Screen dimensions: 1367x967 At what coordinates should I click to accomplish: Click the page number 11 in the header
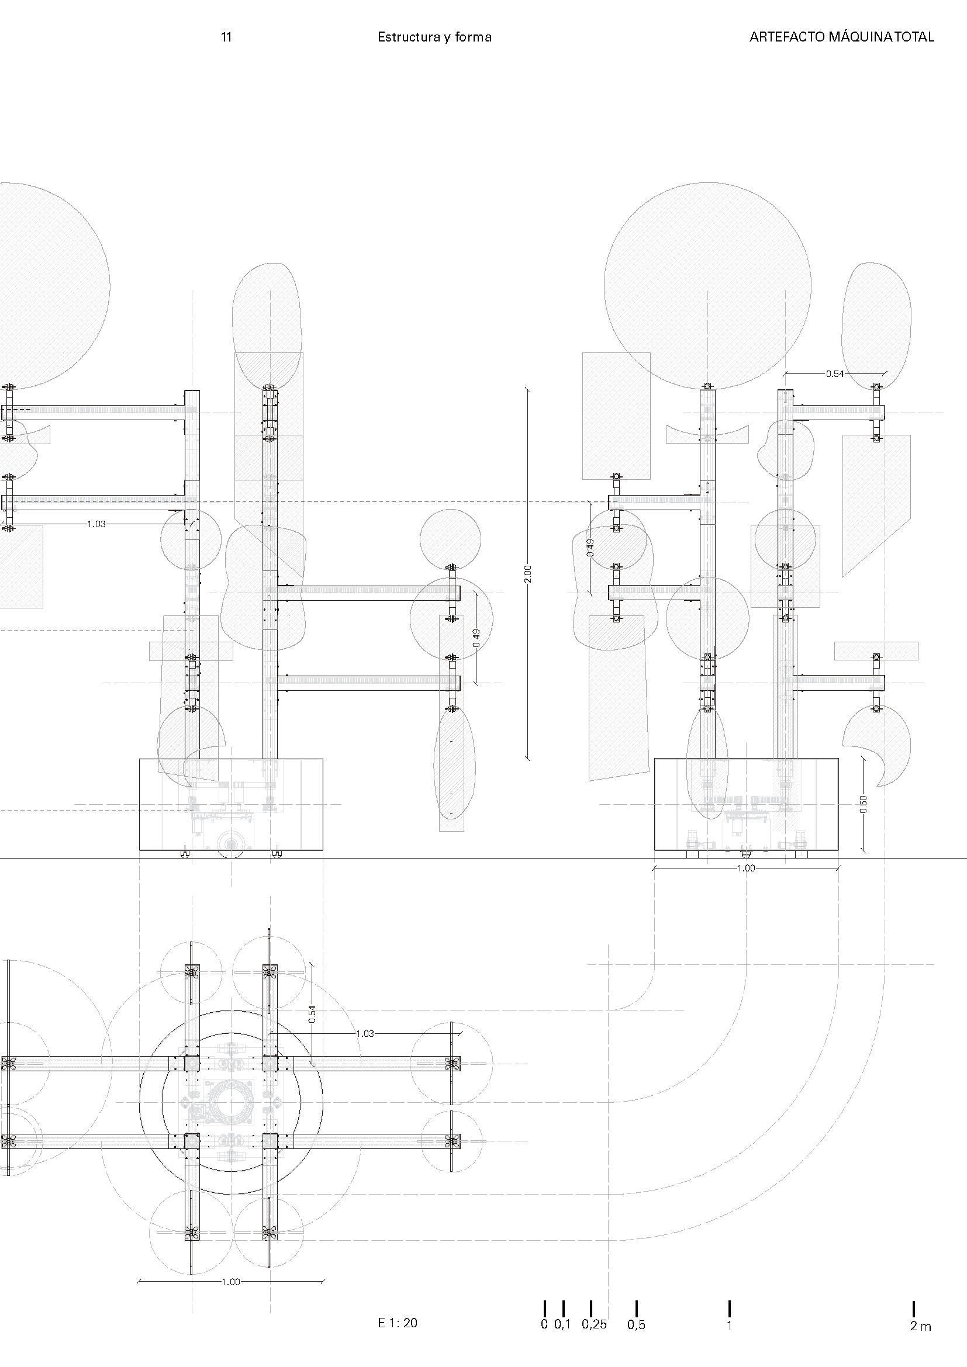tap(226, 37)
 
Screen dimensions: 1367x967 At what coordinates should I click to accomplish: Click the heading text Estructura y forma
tap(434, 37)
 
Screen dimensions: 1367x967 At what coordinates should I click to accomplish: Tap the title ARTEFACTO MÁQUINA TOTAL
tap(841, 37)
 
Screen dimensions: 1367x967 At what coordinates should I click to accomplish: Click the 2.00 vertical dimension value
tap(527, 573)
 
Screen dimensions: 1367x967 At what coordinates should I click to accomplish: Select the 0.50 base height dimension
tap(864, 804)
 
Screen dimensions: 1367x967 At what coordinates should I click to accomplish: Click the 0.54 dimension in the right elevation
tap(834, 374)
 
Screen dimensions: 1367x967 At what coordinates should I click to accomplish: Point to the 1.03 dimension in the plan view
tap(365, 1034)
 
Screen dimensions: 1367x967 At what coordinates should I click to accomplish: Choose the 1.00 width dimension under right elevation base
tap(746, 868)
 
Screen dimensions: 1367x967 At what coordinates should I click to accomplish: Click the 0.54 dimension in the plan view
tap(312, 1014)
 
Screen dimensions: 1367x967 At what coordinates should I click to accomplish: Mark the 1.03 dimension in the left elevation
tap(96, 524)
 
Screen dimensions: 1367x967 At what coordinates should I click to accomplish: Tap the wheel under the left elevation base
tap(230, 846)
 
